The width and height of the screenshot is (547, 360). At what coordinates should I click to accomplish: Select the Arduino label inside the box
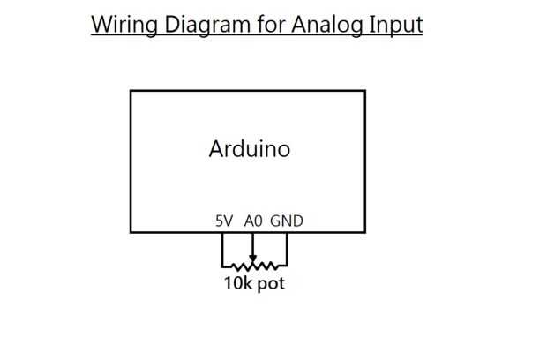pos(249,148)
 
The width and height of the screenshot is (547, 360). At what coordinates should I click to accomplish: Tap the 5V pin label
pos(224,221)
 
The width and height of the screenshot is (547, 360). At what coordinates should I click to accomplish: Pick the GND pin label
pos(287,221)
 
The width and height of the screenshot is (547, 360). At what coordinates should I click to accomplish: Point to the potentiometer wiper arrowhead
pos(253,258)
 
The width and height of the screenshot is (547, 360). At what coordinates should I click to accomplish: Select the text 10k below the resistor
pos(237,284)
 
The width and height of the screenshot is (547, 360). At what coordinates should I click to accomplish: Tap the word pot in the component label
pos(271,284)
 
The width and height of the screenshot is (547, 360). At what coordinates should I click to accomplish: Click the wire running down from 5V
pos(222,249)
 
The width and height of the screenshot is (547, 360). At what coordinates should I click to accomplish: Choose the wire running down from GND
pos(287,249)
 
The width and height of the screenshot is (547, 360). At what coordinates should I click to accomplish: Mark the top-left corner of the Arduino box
pos(131,91)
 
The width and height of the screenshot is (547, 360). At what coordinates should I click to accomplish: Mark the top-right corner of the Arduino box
pos(365,91)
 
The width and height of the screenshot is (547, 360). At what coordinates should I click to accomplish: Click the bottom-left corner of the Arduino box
pos(131,233)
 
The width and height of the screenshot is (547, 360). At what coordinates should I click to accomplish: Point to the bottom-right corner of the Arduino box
pos(365,233)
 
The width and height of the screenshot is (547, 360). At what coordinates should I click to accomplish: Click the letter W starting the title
pos(101,24)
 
